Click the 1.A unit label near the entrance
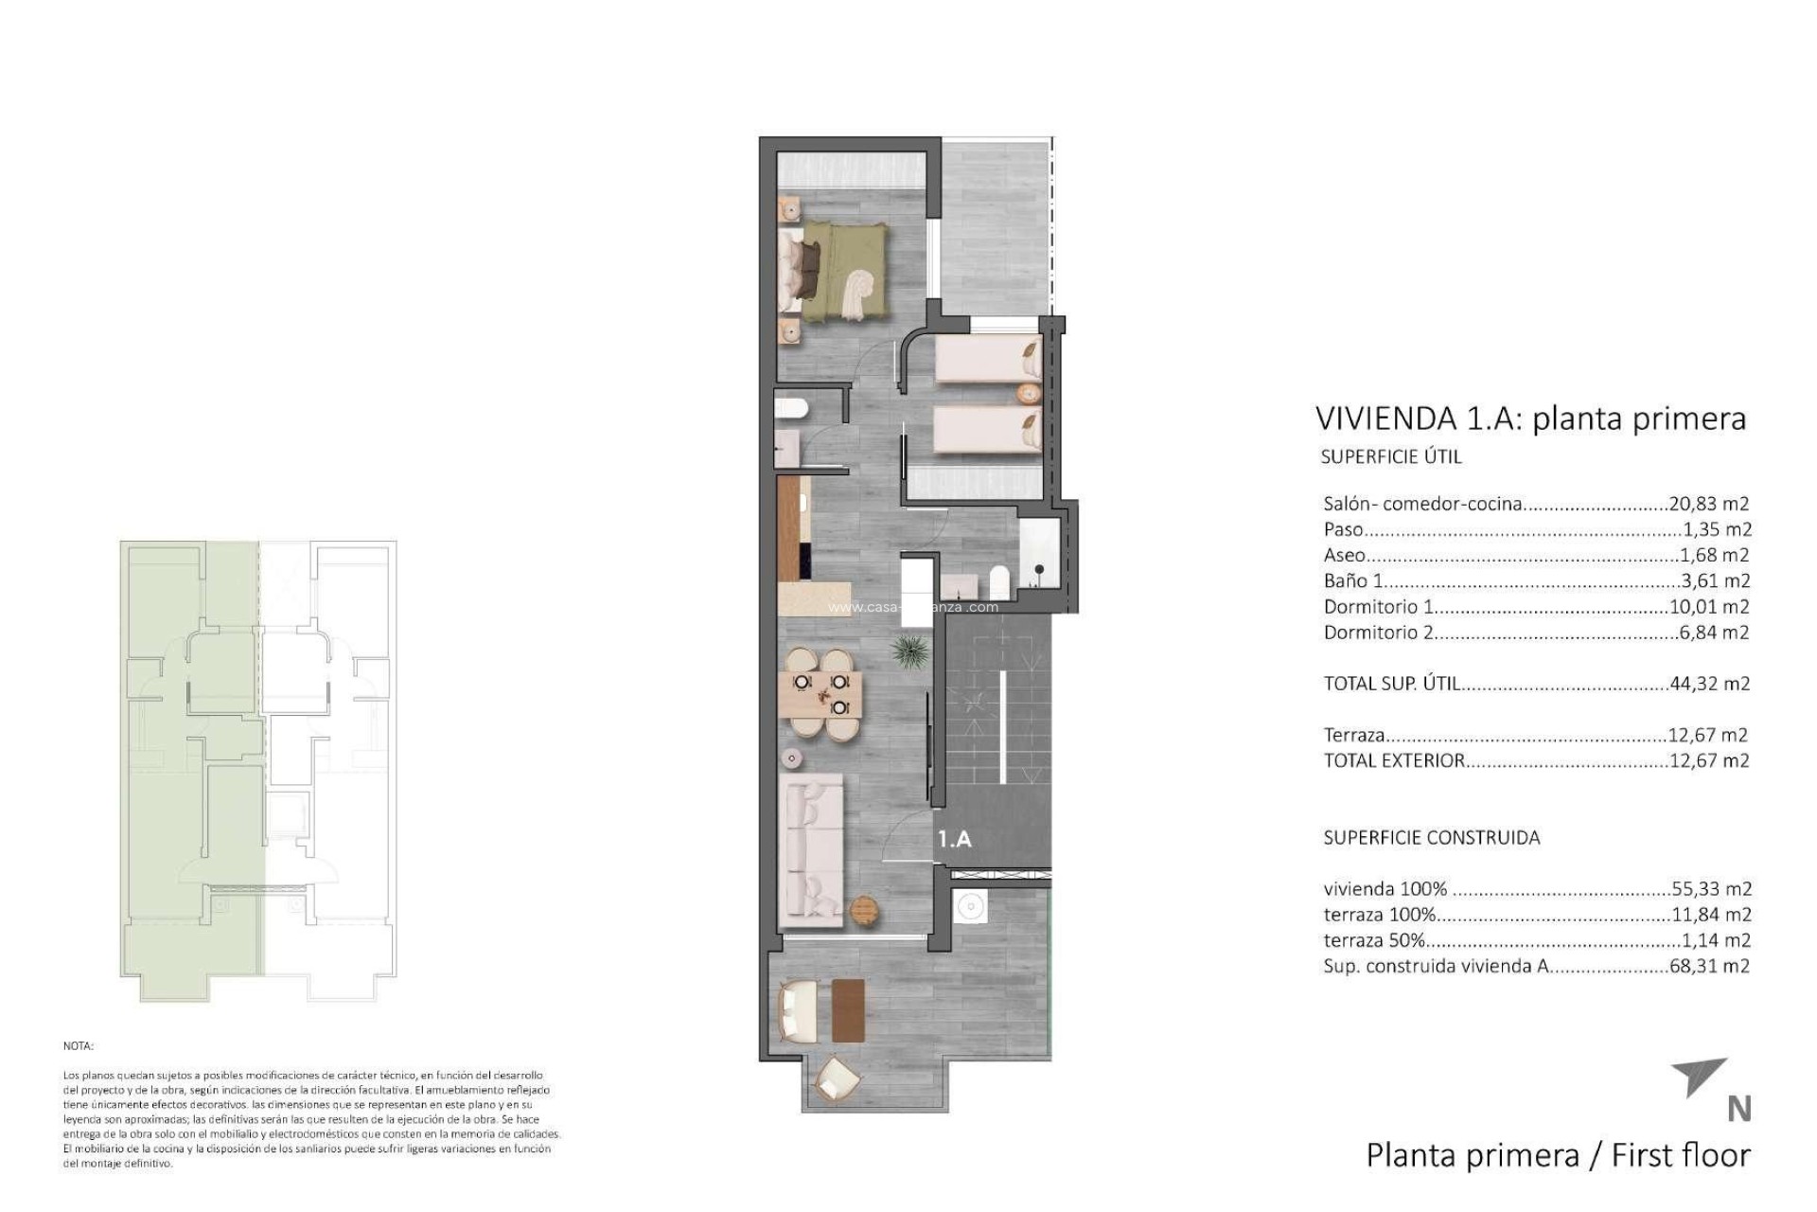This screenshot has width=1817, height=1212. coord(954,839)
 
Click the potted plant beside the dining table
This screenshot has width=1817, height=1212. coord(909,651)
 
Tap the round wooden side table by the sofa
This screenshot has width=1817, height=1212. coord(865,911)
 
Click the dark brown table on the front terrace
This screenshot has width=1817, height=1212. coord(848,1010)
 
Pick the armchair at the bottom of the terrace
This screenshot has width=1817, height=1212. coord(837,1079)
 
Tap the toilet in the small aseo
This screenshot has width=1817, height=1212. coord(790,409)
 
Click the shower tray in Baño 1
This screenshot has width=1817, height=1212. coord(1040,551)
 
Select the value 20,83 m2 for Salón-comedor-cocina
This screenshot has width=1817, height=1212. coord(1709,504)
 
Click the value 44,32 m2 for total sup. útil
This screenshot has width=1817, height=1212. coord(1709,684)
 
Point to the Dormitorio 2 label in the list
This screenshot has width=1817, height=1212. coord(1378,633)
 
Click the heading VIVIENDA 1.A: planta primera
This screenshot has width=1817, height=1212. coord(1529,419)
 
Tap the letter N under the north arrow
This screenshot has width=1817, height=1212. coord(1738,1109)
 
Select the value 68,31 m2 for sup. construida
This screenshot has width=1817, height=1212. coord(1709,967)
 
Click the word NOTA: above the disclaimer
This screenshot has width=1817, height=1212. coord(79,1046)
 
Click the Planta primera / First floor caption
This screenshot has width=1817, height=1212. coord(1558,1155)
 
